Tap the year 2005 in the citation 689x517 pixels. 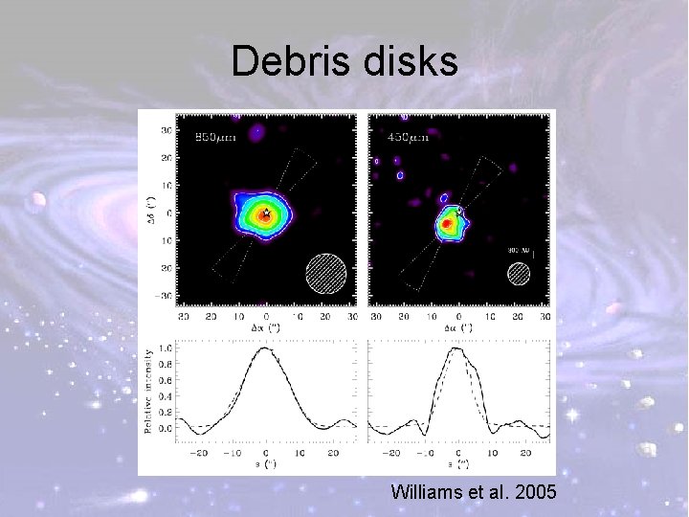(x=537, y=493)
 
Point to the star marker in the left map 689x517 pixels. (x=266, y=214)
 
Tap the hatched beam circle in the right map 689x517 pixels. (x=519, y=273)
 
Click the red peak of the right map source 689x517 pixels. (x=445, y=224)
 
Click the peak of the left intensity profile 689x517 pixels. (x=266, y=348)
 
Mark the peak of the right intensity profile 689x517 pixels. (x=456, y=348)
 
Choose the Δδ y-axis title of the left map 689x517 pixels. (x=149, y=213)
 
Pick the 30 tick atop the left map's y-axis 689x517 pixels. (x=167, y=129)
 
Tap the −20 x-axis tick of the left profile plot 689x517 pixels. (x=199, y=451)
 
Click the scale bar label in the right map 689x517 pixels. (x=518, y=251)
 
